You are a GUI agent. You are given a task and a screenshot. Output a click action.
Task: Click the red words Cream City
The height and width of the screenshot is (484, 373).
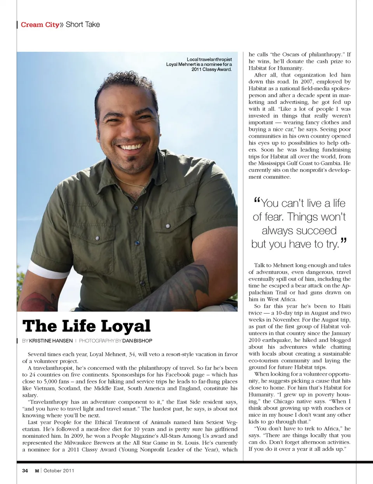click(40, 24)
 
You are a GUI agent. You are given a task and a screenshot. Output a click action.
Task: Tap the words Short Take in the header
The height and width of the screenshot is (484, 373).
click(83, 24)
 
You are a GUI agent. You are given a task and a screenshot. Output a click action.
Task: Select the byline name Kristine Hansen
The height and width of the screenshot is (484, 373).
click(51, 341)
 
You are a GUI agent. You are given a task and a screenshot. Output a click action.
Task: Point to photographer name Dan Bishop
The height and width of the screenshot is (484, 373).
click(137, 341)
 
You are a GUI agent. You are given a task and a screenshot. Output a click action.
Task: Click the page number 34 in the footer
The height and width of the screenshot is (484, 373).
click(25, 470)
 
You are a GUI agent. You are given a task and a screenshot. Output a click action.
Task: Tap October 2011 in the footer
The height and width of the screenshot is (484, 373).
click(59, 470)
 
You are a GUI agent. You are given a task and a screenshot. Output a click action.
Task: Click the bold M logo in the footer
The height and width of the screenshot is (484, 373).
click(37, 470)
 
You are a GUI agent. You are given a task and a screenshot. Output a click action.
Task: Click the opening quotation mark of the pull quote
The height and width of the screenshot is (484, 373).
click(256, 201)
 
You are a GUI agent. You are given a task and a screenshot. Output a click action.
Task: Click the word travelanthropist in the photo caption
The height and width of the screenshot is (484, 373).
click(215, 59)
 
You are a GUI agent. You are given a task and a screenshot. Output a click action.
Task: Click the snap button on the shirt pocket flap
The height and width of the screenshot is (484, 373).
click(169, 226)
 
